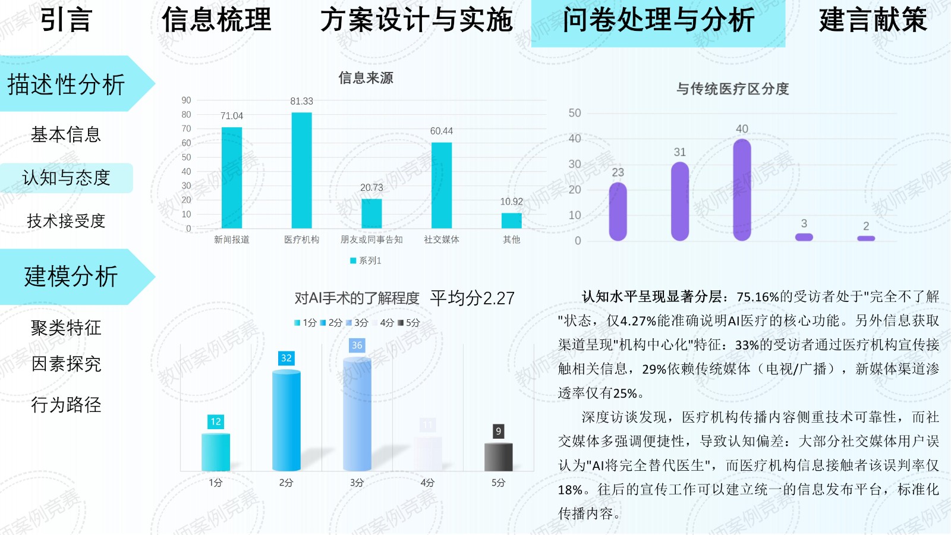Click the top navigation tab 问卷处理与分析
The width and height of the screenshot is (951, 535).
(658, 21)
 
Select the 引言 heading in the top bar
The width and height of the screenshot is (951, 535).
(66, 20)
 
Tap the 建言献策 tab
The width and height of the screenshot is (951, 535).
(873, 20)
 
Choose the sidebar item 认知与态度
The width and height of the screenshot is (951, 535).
(66, 178)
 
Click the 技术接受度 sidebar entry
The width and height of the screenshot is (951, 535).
(66, 221)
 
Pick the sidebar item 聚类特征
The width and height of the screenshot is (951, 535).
(66, 328)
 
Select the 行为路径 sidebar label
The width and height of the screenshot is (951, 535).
(66, 405)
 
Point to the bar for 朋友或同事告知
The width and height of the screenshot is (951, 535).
(371, 213)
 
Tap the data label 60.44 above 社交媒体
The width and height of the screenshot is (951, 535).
(441, 131)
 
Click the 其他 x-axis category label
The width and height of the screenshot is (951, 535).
(511, 240)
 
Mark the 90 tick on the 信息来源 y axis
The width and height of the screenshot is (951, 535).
(186, 100)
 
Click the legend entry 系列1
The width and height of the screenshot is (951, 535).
(366, 260)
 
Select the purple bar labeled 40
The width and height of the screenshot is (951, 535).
(742, 190)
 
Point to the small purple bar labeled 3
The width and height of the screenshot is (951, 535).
(804, 237)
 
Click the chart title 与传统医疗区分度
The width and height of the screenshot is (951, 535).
(732, 89)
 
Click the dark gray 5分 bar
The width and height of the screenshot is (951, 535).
(498, 457)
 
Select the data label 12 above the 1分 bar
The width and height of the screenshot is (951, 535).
(215, 421)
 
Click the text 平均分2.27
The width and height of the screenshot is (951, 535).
(473, 298)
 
